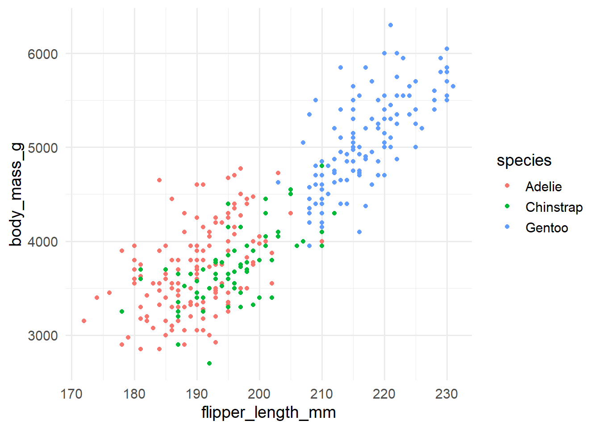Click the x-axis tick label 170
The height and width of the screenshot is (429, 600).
pos(71,394)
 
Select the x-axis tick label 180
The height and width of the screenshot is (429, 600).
pos(134,394)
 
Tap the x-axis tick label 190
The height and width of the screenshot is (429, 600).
pos(197,394)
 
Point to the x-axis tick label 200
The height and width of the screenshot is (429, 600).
pos(259,394)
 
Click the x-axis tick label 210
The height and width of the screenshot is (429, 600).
pos(322,394)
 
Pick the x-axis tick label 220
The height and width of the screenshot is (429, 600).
pos(384,394)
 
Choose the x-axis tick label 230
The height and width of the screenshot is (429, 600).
pos(447,394)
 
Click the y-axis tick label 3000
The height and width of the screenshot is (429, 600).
pos(43,336)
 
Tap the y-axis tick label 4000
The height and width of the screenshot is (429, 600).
pos(43,242)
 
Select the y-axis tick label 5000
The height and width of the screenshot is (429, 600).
pos(43,148)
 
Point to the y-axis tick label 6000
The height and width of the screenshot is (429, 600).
pos(43,54)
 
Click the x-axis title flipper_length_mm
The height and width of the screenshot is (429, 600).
pos(268,412)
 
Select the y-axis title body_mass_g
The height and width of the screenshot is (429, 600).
pos(16,194)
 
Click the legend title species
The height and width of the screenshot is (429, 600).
pos(524,160)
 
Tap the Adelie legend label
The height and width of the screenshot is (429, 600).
pos(543,186)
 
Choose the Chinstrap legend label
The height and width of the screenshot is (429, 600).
pos(554,207)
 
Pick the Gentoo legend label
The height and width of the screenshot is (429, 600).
pos(547,227)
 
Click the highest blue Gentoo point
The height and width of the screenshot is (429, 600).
pos(391,25)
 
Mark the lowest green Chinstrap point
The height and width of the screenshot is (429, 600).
pos(209,363)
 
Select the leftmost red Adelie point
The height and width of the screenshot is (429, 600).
pos(84,321)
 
